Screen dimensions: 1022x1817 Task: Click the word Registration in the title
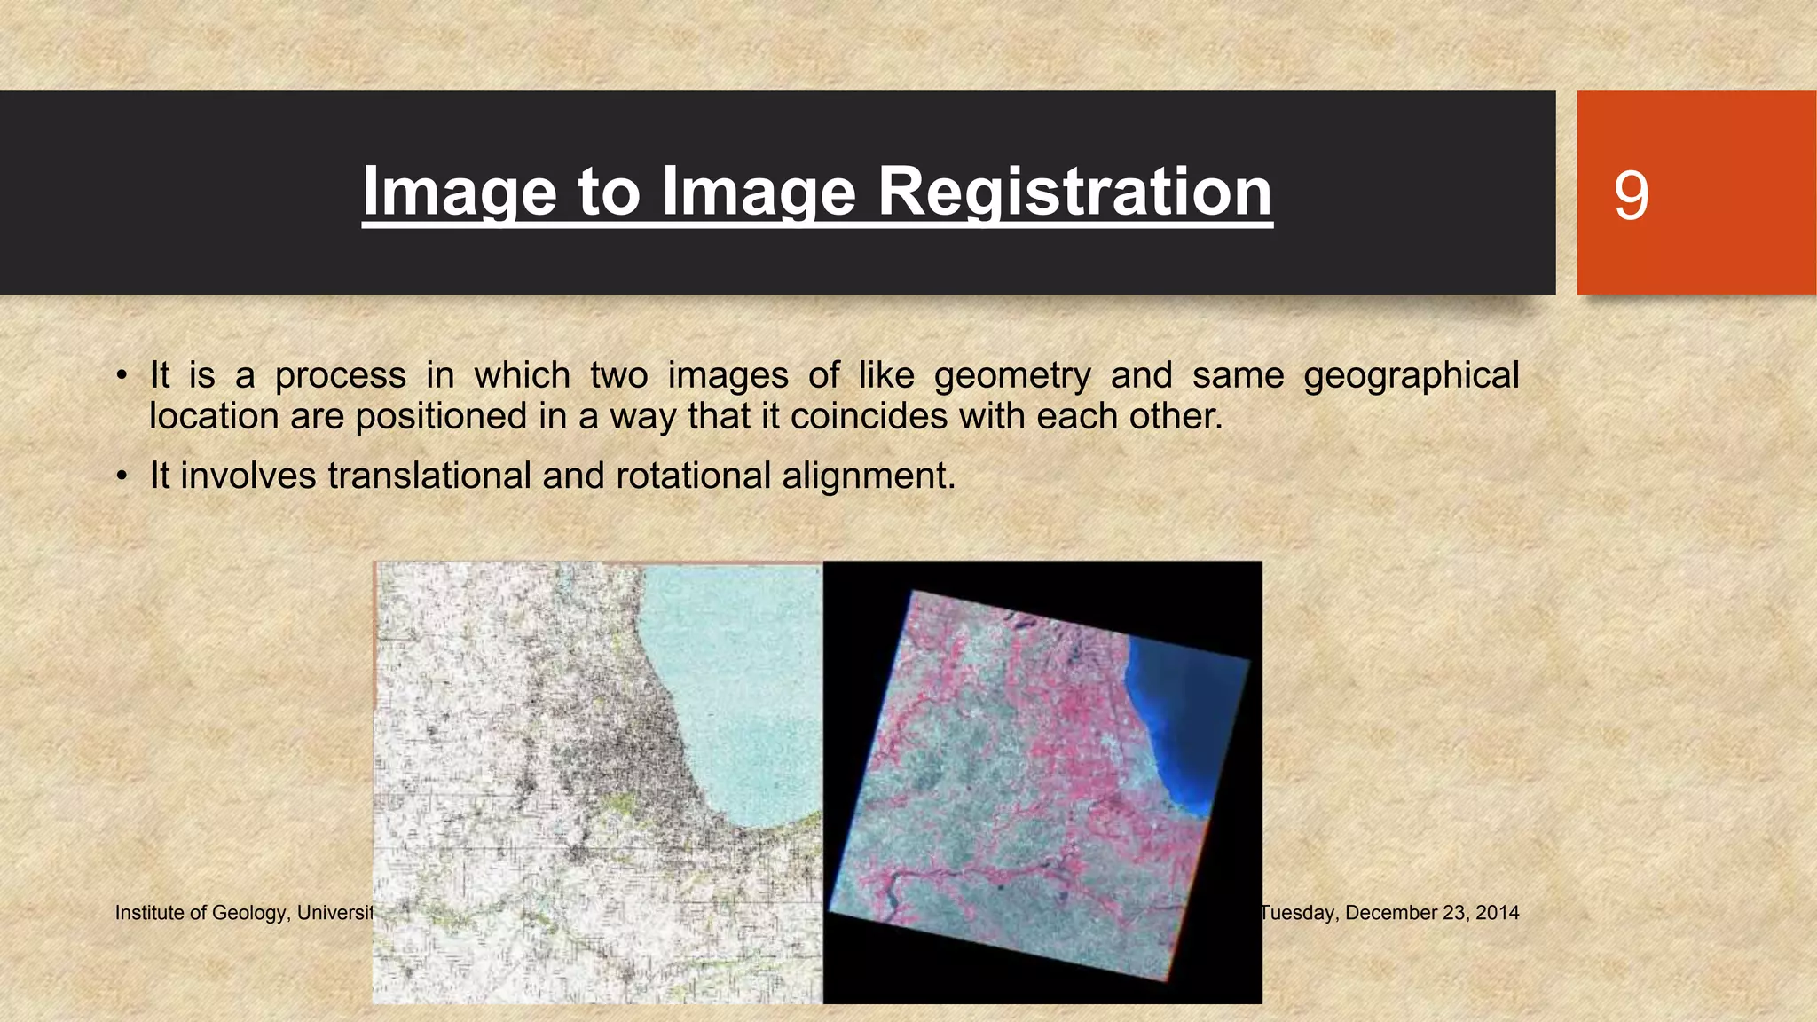coord(1074,192)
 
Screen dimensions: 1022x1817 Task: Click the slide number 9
coord(1631,195)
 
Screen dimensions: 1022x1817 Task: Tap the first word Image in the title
coord(460,192)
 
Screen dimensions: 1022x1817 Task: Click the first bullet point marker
coord(122,376)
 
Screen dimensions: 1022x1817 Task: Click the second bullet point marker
coord(122,476)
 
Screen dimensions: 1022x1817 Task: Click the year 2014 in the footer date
coord(1498,913)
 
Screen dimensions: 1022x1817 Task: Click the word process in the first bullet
coord(340,376)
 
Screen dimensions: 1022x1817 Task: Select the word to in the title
coord(609,192)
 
